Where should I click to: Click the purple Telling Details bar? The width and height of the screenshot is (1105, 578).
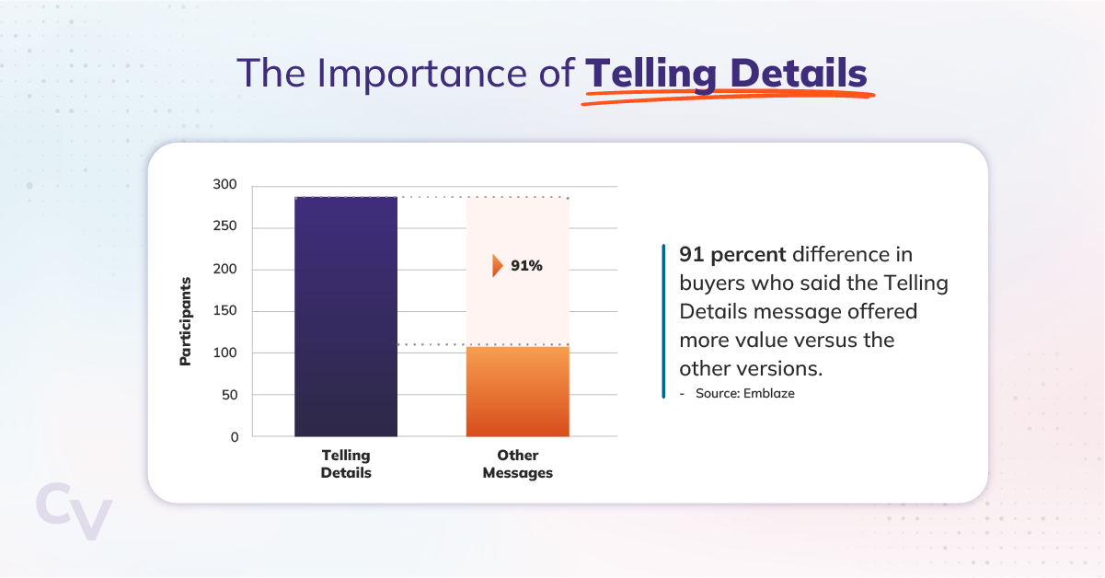[x=346, y=317]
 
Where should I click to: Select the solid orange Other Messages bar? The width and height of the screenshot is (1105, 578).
[x=517, y=391]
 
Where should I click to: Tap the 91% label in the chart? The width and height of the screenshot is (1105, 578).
[x=527, y=266]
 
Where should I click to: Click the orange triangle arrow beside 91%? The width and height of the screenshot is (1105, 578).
[x=498, y=266]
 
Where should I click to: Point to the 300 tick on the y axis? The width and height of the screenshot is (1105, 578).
[x=225, y=186]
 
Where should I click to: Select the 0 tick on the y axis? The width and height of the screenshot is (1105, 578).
[x=234, y=437]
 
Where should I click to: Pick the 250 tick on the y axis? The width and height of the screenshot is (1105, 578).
[x=225, y=227]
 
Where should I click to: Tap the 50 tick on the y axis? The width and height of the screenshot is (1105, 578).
[x=229, y=395]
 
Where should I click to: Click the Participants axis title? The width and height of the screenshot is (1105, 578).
[x=186, y=320]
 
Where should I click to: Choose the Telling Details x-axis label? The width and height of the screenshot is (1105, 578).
[x=346, y=464]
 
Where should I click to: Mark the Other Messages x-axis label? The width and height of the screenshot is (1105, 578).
[x=518, y=464]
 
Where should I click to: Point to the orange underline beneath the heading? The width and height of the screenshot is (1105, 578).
[x=727, y=97]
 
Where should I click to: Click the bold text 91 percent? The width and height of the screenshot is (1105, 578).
[x=732, y=255]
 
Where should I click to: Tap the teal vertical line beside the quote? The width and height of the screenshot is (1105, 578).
[x=663, y=320]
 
